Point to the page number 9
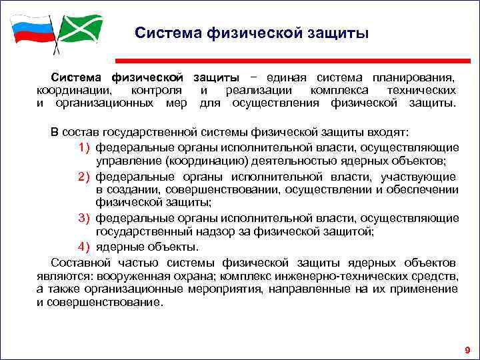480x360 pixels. pyautogui.click(x=467, y=350)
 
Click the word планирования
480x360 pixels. pyautogui.click(x=409, y=77)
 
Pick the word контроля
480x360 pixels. pyautogui.click(x=157, y=90)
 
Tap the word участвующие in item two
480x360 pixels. pyautogui.click(x=419, y=177)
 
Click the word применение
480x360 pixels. pyautogui.click(x=424, y=289)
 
